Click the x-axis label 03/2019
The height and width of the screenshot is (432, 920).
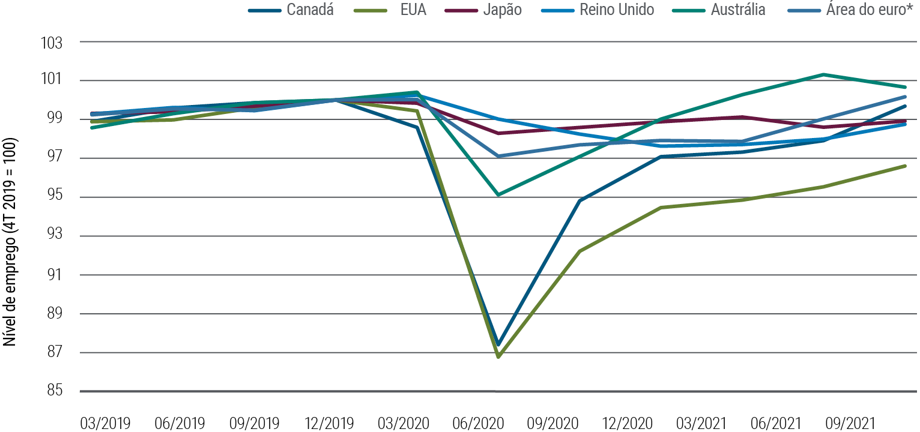pyautogui.click(x=105, y=423)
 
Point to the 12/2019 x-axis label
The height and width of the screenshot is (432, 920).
pyautogui.click(x=328, y=423)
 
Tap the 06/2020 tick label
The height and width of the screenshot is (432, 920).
pyautogui.click(x=477, y=423)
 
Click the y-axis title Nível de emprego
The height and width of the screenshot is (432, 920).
pyautogui.click(x=10, y=242)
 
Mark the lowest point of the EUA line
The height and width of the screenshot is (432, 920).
pyautogui.click(x=498, y=356)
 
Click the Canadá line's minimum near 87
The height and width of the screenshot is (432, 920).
pyautogui.click(x=498, y=344)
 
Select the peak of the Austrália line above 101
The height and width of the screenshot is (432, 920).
pyautogui.click(x=823, y=74)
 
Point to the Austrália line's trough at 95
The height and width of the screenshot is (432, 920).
pyautogui.click(x=498, y=194)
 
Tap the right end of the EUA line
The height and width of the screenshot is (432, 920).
pyautogui.click(x=905, y=166)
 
